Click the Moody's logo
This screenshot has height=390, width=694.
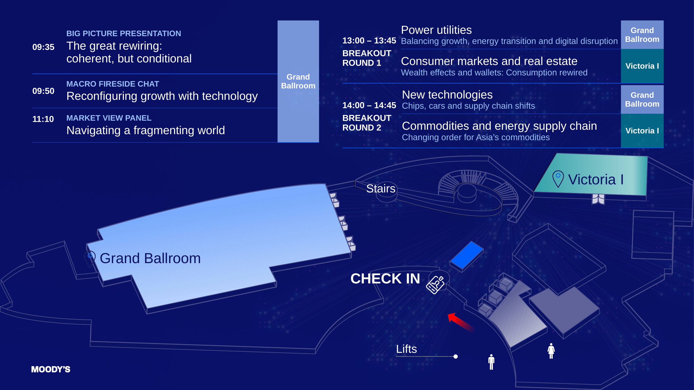click(x=51, y=369)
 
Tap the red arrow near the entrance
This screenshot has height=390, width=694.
click(x=461, y=322)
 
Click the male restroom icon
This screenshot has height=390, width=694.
click(x=491, y=362)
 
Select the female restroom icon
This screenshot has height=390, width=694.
click(x=551, y=351)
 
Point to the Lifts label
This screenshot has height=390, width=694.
click(x=406, y=349)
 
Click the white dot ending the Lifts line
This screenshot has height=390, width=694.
click(x=456, y=356)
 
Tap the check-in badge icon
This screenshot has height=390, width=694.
click(x=435, y=284)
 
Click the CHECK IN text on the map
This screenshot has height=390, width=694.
click(x=385, y=278)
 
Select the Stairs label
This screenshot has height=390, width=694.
click(x=381, y=188)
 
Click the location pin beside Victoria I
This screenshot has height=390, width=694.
click(x=558, y=179)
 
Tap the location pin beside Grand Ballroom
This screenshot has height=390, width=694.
click(x=90, y=259)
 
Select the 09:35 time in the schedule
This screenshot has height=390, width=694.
click(x=43, y=47)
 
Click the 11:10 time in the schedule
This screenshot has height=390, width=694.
click(x=43, y=119)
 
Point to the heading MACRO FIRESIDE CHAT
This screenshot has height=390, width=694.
click(x=113, y=84)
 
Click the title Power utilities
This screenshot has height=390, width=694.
click(x=436, y=30)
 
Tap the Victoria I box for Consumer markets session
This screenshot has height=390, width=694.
click(x=642, y=66)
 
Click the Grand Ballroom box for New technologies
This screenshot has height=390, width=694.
click(x=642, y=99)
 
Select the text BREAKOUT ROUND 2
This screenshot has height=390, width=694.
click(x=367, y=123)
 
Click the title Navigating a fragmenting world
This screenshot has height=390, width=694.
click(x=145, y=130)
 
